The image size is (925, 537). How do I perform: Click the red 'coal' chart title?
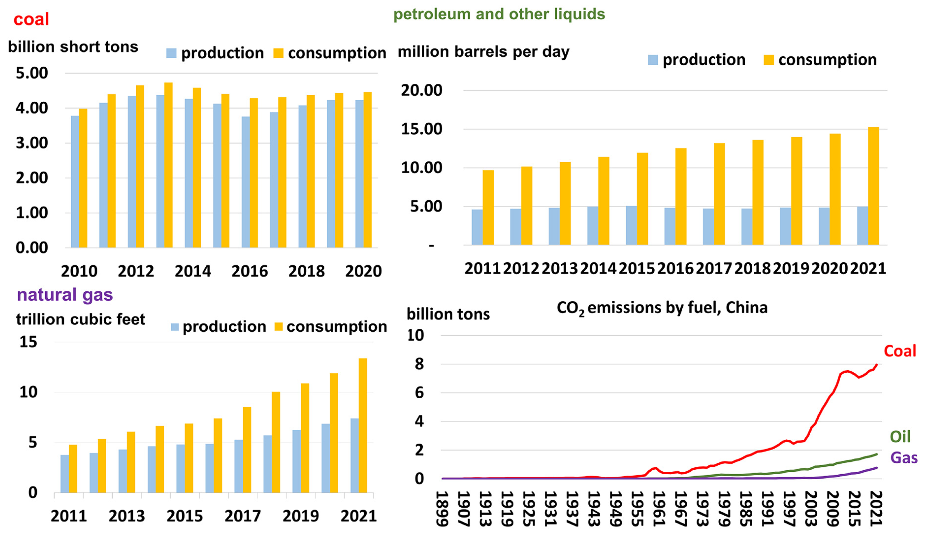31,19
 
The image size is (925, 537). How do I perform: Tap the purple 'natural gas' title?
65,295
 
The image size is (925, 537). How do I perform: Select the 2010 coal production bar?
75,182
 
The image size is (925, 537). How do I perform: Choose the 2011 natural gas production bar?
65,473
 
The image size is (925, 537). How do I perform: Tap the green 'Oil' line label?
900,437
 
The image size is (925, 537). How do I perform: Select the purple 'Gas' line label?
904,458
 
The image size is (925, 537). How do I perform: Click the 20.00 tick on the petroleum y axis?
421,90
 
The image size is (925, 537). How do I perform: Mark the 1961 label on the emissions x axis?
659,508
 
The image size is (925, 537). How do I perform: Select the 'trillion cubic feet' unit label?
80,319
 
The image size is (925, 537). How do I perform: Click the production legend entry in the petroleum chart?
697,60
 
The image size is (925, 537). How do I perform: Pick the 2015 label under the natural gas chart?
185,516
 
